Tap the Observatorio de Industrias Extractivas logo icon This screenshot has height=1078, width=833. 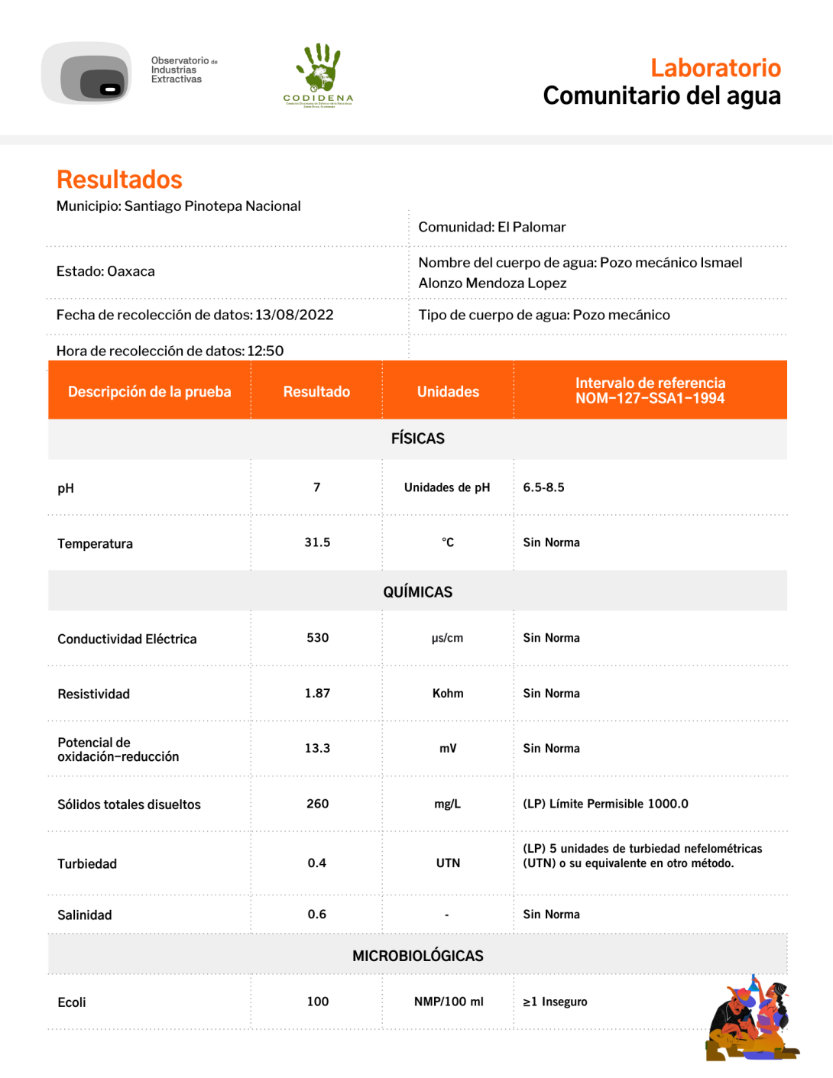pos(87,73)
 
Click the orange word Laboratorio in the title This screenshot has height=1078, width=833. pos(715,68)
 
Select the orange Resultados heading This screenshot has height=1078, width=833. pos(119,180)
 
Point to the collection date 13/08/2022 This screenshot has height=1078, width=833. pos(294,315)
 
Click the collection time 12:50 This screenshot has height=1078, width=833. pos(265,351)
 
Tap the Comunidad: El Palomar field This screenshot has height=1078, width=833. pos(492,227)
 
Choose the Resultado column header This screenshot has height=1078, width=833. pos(316,391)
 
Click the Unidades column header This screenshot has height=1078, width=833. pos(448,391)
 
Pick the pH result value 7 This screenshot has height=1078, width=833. pos(317,487)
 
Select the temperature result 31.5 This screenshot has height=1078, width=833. pos(317,542)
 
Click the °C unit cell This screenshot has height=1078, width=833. pos(448,542)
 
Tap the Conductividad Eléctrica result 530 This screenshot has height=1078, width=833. pos(317,638)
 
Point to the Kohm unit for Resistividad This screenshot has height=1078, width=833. pos(448,693)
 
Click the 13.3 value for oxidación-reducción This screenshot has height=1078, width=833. pos(317,748)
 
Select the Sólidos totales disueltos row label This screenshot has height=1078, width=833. pos(129,804)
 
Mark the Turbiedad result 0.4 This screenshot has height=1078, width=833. pos(317,863)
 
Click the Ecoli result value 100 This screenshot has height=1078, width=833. pos(317,1002)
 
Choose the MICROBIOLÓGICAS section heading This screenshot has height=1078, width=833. pos(417,956)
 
